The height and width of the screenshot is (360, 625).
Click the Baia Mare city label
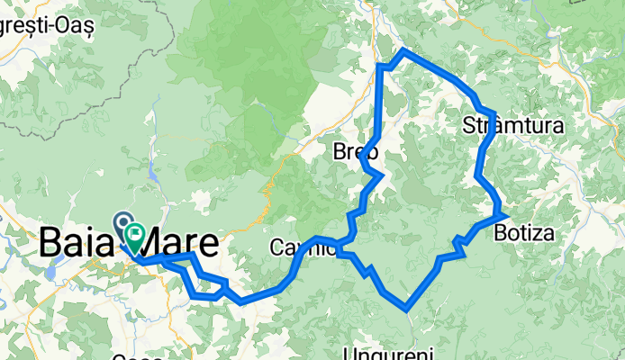tap(128, 243)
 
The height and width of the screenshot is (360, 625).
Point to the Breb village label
tap(355, 152)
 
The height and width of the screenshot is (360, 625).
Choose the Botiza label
tap(524, 233)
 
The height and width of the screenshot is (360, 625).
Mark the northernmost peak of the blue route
tap(403, 50)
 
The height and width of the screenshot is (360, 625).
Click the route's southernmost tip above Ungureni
tap(407, 309)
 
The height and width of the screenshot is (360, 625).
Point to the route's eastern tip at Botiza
tap(508, 215)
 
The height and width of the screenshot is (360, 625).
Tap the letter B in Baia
tap(51, 243)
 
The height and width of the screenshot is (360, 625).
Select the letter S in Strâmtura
tap(468, 125)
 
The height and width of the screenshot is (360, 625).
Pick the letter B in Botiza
tap(500, 233)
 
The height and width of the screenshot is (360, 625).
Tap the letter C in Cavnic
tap(276, 247)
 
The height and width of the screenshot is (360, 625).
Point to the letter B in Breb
tap(340, 152)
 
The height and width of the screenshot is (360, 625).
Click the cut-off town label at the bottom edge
tap(138, 356)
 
